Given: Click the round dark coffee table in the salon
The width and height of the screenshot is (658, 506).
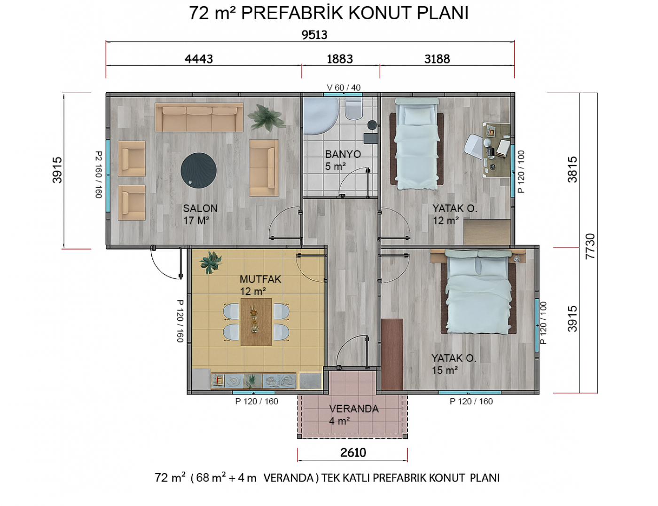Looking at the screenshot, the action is point(199,170).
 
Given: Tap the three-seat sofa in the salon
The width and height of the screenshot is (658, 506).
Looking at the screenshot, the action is point(199,117).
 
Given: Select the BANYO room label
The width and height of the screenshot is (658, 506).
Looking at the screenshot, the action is point(343,154).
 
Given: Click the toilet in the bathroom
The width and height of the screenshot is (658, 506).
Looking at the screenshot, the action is point(354,109).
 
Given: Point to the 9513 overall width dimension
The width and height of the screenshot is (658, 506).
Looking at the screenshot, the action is point(314,35).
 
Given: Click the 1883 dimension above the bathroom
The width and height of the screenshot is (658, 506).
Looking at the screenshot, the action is point(340,59).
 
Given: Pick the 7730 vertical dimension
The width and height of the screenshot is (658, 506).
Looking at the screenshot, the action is point(590,246).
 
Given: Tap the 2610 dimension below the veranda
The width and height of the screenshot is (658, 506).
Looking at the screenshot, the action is point(353,453).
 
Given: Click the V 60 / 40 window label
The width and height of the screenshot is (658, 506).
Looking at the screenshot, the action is point(344,87).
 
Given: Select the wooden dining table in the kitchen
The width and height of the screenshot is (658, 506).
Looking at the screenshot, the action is point(256,322).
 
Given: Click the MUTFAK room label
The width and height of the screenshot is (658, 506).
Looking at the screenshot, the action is point(260,279).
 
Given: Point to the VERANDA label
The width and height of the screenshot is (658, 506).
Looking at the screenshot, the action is point(354,409).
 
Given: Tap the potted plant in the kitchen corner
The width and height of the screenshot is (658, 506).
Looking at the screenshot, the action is point(211,262).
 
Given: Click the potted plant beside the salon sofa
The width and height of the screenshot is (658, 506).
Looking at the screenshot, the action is point(266,118).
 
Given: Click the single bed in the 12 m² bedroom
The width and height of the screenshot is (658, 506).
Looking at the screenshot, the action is point(417,143).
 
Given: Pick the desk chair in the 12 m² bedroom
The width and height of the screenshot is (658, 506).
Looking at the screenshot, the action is point(474,147).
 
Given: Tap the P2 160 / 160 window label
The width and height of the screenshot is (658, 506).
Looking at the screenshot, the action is point(99,174).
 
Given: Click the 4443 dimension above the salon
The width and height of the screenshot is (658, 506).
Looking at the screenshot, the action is point(199,59).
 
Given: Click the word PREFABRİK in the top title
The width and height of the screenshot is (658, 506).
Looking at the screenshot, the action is point(292,13).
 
